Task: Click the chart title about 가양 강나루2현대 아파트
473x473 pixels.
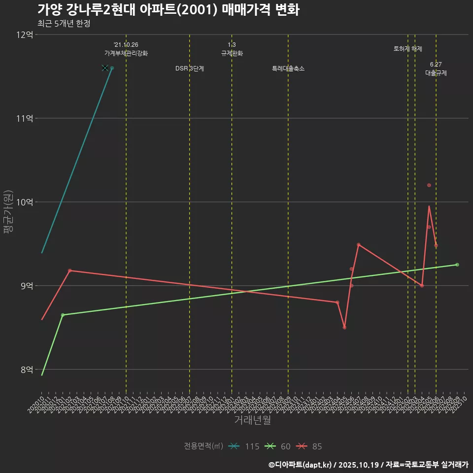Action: [168, 9]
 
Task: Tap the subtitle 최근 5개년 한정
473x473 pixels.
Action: [64, 24]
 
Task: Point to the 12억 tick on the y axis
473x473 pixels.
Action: [25, 35]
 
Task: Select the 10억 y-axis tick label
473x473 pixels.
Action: [25, 202]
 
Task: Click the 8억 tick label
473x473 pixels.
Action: [25, 369]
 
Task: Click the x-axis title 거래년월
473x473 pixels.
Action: [252, 420]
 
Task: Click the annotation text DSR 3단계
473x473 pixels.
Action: [190, 68]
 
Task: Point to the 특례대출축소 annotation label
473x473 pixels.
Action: [288, 68]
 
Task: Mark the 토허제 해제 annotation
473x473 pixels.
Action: [408, 49]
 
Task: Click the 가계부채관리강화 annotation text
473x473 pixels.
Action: [126, 53]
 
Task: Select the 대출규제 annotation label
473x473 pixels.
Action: [436, 73]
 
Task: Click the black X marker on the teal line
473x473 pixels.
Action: [104, 68]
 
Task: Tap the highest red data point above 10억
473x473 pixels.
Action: [429, 185]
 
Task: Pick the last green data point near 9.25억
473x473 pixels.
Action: [457, 265]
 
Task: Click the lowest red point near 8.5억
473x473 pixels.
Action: [344, 327]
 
